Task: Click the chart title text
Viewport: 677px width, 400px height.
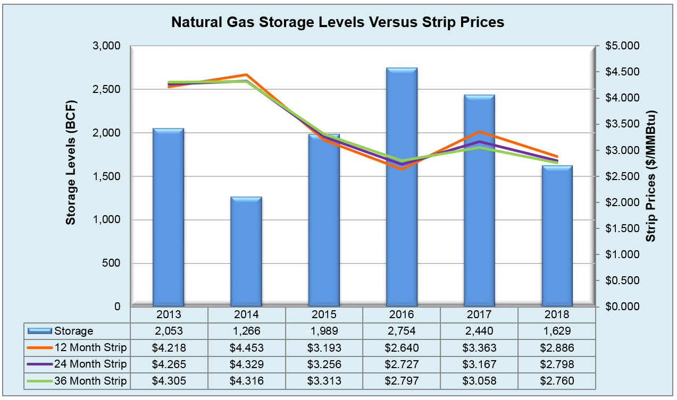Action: tap(338, 22)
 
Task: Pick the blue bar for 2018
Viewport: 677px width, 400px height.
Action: tap(557, 236)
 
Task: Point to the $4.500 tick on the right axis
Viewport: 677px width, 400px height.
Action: tap(621, 72)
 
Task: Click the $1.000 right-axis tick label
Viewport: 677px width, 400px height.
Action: tap(621, 254)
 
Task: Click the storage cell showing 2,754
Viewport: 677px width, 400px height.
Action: tap(402, 331)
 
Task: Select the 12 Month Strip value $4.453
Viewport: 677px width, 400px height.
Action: tap(246, 348)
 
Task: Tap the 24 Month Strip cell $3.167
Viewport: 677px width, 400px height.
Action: tap(479, 364)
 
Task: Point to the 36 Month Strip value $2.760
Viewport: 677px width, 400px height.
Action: tap(557, 381)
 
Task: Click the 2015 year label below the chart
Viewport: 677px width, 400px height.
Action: tap(324, 314)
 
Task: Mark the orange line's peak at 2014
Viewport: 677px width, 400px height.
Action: tap(246, 75)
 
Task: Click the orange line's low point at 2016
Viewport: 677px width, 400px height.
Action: tap(402, 169)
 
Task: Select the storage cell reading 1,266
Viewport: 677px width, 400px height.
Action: tap(246, 331)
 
